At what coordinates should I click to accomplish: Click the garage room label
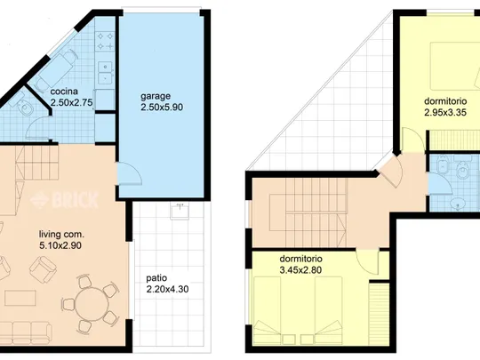coord(156,97)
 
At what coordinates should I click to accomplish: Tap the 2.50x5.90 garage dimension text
coord(162,108)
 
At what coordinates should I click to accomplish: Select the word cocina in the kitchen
coord(64,92)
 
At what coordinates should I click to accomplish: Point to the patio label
coord(156,278)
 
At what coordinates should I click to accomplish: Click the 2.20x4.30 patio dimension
coord(167,289)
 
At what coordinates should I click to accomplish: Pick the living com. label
coord(61,235)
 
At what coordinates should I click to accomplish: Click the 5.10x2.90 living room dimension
coord(60,245)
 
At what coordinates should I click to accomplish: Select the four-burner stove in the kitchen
coord(105,41)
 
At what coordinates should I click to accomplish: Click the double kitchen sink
coord(105,74)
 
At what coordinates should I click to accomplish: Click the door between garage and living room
coord(130,173)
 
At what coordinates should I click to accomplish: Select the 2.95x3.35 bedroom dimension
coord(445,113)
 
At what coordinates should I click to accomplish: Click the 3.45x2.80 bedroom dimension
coord(300,270)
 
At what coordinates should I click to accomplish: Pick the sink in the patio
coord(180,212)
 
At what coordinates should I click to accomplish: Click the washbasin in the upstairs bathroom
coord(458,203)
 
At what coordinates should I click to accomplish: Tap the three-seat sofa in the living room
coord(27,332)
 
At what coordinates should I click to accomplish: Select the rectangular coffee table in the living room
coord(20,298)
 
